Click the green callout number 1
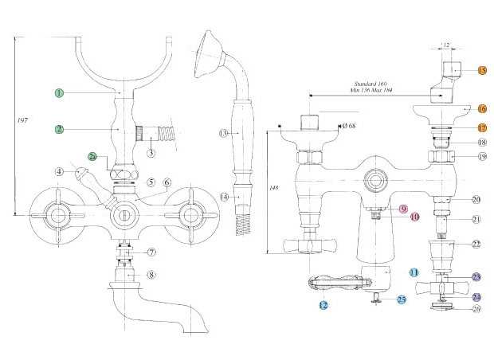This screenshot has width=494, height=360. click(x=58, y=93)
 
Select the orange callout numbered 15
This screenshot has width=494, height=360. click(x=483, y=70)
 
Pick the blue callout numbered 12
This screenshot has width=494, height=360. click(x=323, y=305)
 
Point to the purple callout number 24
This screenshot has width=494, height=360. click(x=476, y=295)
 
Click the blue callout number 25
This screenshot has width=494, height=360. click(x=401, y=299)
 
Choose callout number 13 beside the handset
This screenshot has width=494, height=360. click(x=224, y=132)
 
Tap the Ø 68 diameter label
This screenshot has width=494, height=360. click(x=347, y=125)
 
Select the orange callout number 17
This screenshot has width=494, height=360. click(x=483, y=127)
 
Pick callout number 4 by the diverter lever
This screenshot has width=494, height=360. click(x=59, y=170)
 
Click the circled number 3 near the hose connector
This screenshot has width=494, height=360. click(x=151, y=152)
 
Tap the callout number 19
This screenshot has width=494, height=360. click(x=483, y=158)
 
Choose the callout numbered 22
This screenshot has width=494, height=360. click(x=476, y=244)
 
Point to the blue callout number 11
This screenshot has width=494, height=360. click(x=414, y=272)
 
